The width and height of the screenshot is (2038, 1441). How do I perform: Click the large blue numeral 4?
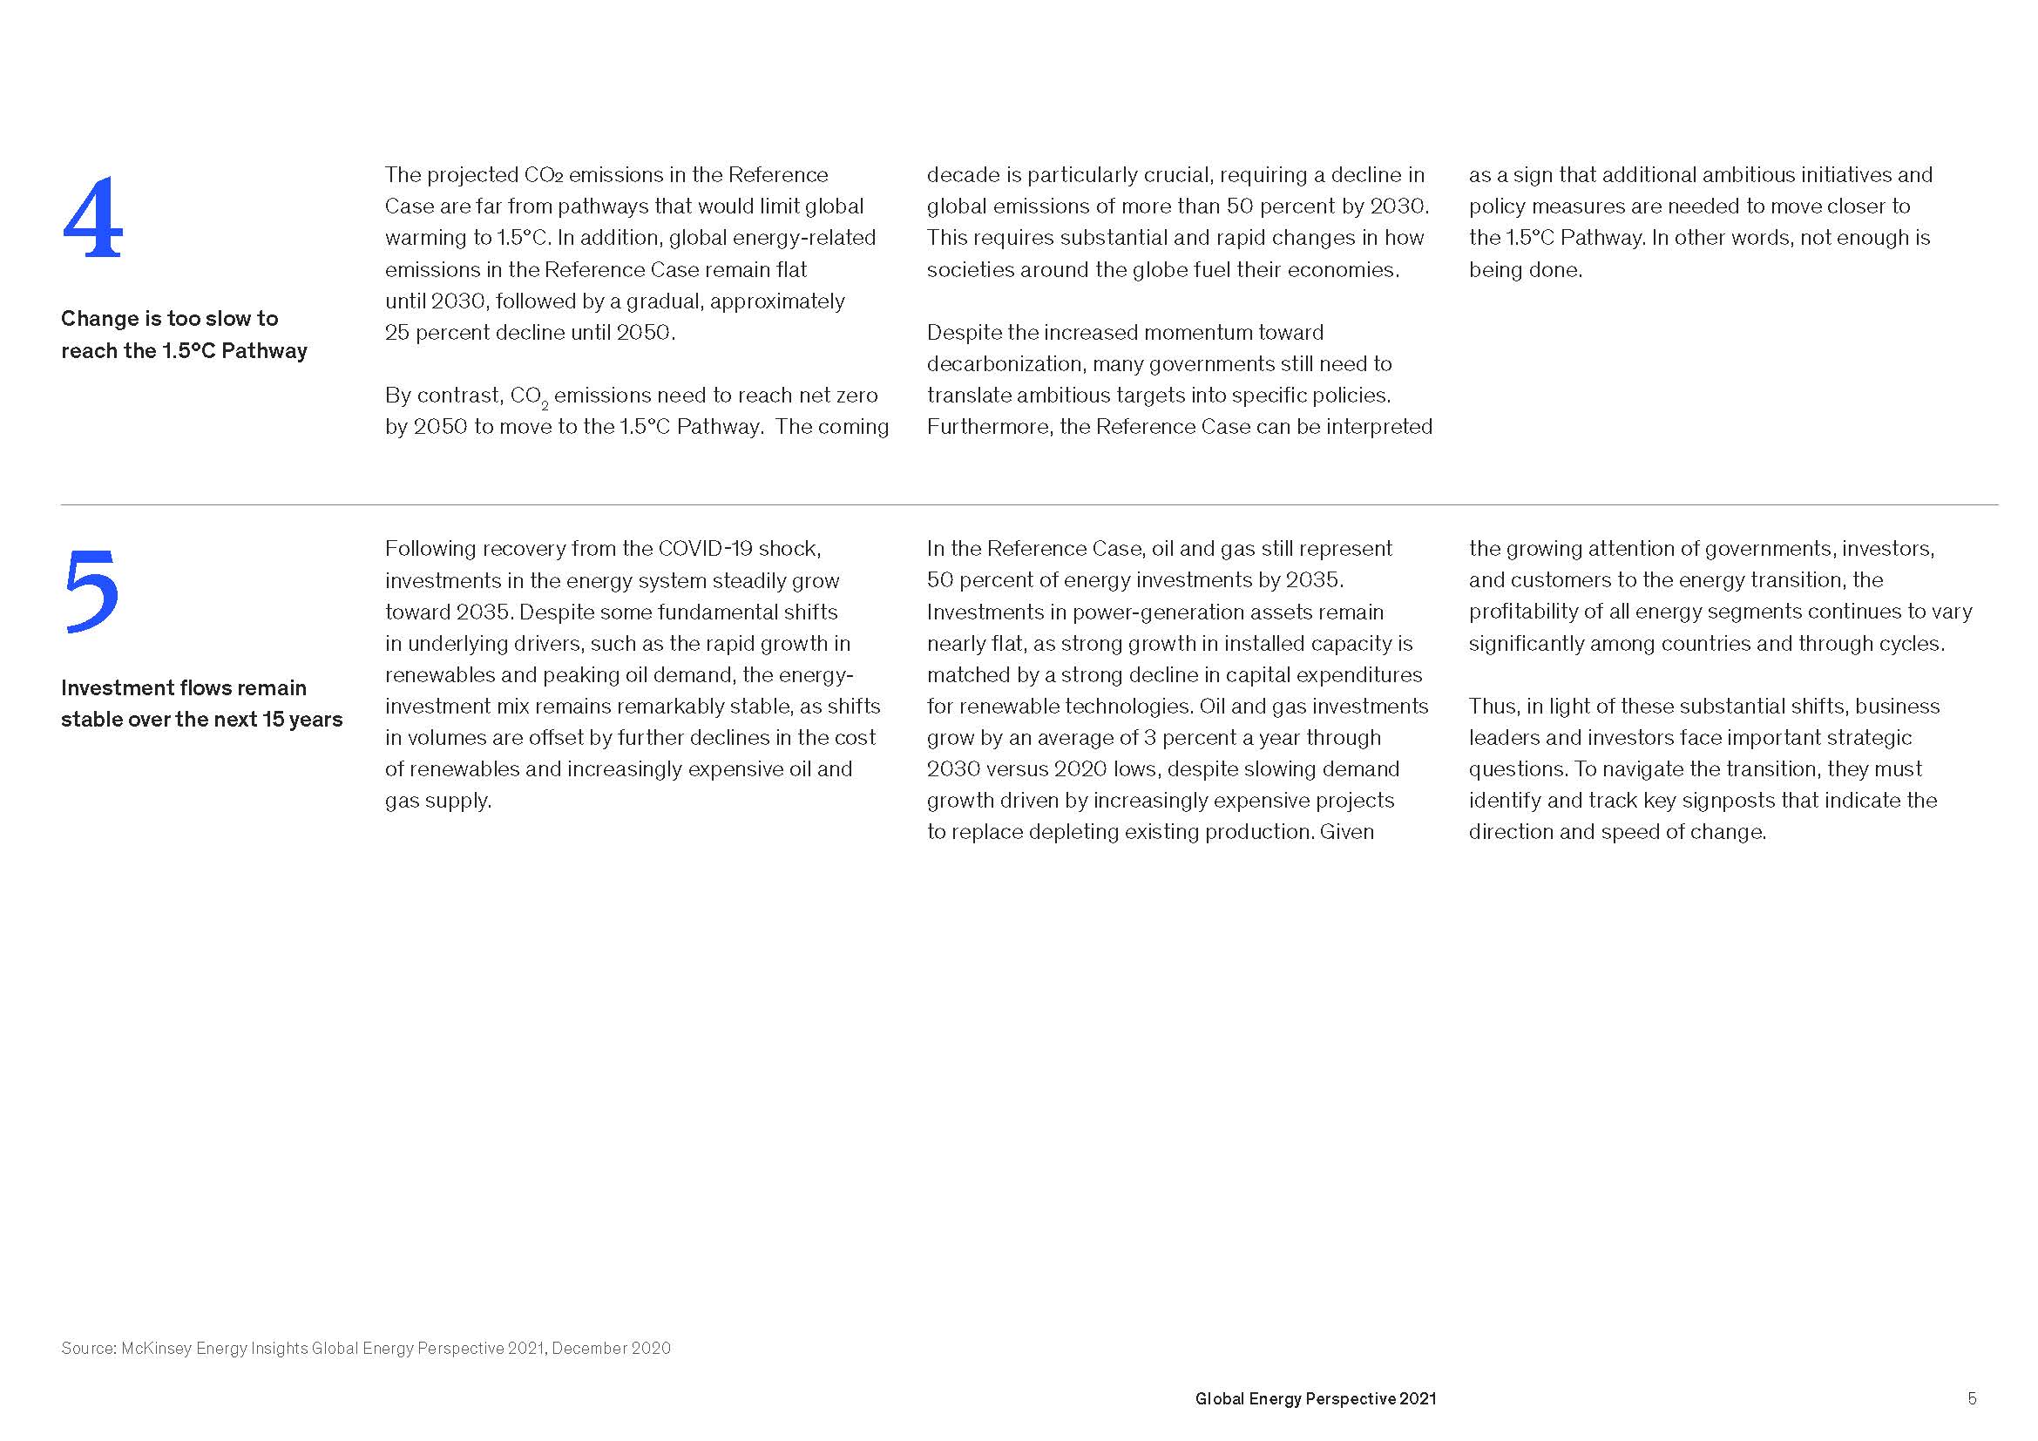click(92, 219)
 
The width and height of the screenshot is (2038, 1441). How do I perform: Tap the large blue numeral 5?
click(91, 591)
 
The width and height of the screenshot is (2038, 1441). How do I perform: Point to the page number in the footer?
click(1972, 1398)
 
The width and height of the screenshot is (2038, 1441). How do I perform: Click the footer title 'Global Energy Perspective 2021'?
click(1316, 1398)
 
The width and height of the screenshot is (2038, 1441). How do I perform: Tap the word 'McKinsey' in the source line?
click(156, 1348)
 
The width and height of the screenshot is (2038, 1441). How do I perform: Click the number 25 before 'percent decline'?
click(396, 333)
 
